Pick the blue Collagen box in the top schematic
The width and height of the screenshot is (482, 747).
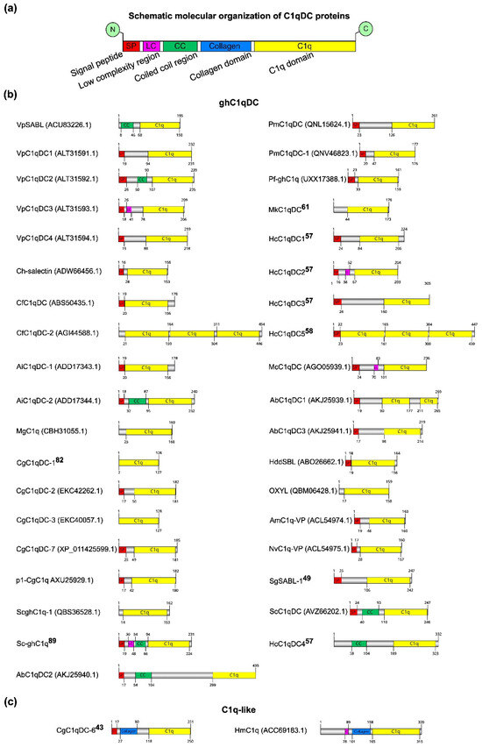225,45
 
